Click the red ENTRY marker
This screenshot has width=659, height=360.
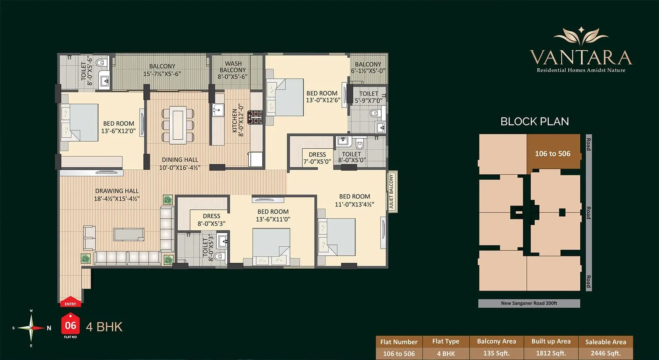point(70,302)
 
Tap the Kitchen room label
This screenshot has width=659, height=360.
point(238,120)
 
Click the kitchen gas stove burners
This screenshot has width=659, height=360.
point(255,117)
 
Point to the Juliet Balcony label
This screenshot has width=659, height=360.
point(392,192)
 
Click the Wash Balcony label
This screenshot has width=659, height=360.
point(233,70)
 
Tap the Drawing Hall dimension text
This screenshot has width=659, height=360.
point(117,199)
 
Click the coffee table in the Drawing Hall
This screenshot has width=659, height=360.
point(129,234)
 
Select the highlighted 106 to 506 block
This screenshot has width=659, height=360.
point(553,154)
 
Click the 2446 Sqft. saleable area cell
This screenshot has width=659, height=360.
point(605,353)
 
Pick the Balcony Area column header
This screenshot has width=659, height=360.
point(496,341)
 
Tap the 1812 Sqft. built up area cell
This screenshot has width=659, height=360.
point(551,353)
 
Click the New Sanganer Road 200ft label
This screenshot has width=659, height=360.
point(529,303)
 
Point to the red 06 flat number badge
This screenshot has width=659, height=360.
point(70,325)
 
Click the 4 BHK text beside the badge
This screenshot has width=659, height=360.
point(104,327)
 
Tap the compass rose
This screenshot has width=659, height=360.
point(31,328)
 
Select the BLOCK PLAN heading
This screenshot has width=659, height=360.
point(535,122)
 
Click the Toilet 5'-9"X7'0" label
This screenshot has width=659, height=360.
point(369,97)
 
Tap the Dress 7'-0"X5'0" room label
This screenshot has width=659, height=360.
point(317,158)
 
